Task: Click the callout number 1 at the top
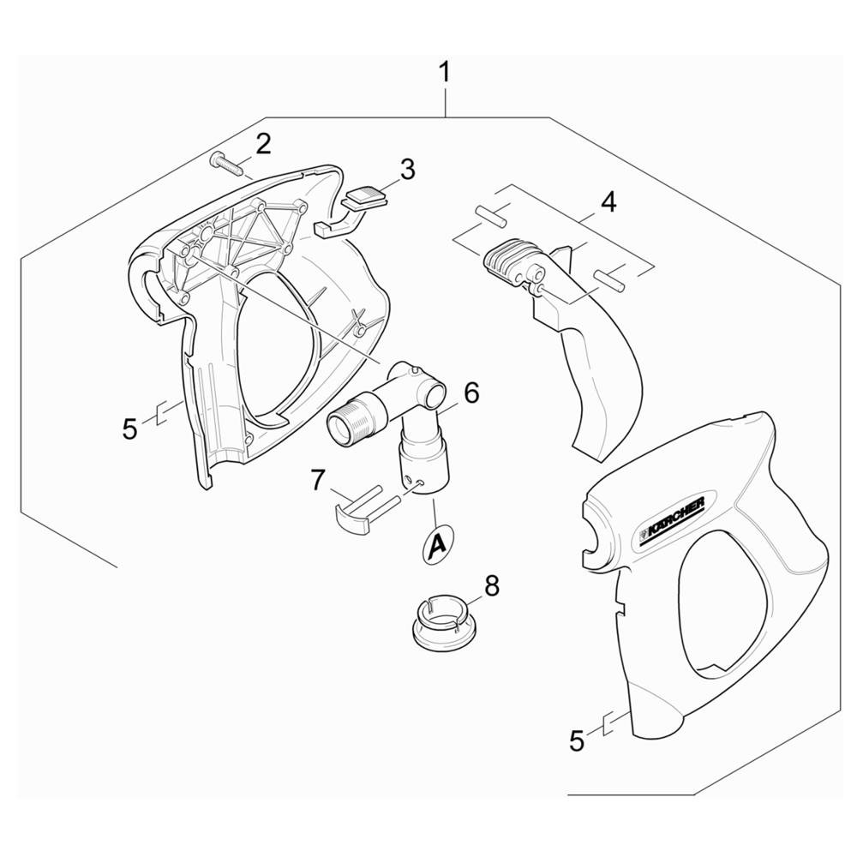[446, 73]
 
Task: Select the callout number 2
[263, 144]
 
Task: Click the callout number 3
[407, 170]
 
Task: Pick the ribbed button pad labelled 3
[364, 197]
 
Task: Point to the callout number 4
[608, 201]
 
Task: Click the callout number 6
[470, 393]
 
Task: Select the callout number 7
[319, 481]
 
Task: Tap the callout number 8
[492, 587]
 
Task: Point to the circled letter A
[437, 543]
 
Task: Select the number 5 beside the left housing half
[129, 429]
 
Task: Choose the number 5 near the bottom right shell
[577, 741]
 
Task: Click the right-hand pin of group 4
[610, 279]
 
